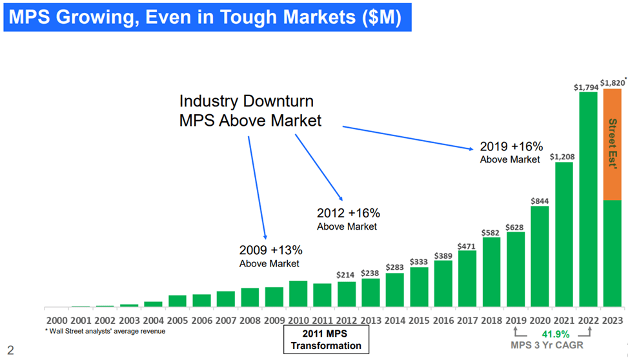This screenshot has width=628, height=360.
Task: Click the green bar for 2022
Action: [588, 200]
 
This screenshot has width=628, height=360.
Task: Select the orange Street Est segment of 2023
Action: [612, 145]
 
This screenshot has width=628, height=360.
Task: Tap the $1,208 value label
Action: [563, 156]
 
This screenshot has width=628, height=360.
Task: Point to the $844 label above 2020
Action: [540, 201]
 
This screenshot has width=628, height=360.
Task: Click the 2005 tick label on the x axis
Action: [177, 321]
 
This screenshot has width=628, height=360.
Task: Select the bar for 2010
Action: [298, 294]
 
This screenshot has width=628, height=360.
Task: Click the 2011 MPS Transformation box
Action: [326, 339]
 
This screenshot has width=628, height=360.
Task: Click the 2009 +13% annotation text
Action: [270, 250]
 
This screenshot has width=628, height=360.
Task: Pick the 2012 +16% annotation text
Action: [348, 213]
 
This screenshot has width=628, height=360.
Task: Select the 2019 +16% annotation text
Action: [511, 146]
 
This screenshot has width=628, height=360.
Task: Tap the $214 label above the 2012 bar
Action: [346, 275]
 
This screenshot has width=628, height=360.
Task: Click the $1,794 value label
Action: [587, 87]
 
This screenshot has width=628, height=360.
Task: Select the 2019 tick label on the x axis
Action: [516, 321]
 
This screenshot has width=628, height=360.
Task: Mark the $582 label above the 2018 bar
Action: [491, 232]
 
